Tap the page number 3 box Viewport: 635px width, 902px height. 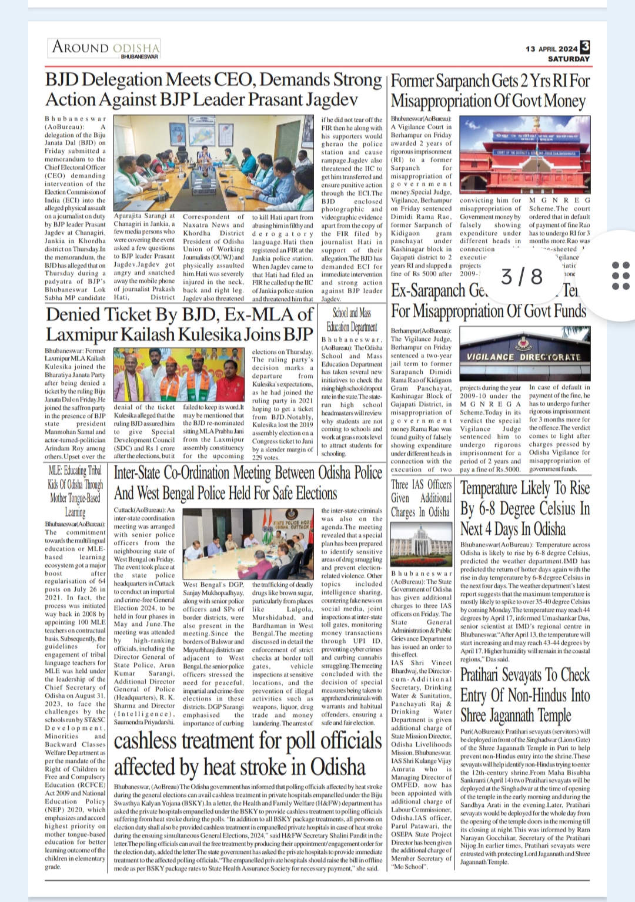(585, 47)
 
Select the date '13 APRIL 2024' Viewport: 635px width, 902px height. (552, 49)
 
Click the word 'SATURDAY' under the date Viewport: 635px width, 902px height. (569, 59)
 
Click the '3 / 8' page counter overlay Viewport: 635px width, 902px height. (522, 276)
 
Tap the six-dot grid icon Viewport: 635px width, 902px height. (620, 275)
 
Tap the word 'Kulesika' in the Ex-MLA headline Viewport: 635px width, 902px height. (208, 334)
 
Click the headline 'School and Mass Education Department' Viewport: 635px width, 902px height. (352, 320)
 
